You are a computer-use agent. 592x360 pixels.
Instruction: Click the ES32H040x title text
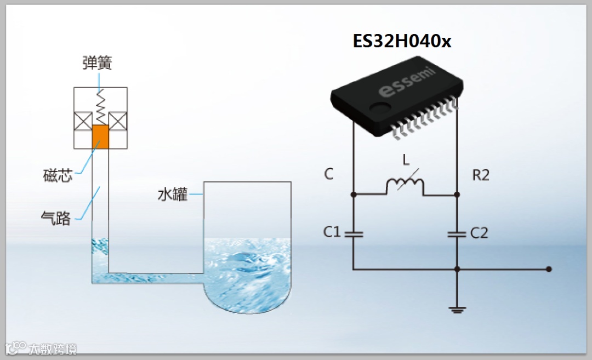click(402, 41)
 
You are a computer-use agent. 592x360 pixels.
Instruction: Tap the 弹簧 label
click(97, 64)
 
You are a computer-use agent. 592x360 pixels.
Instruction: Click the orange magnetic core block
click(101, 137)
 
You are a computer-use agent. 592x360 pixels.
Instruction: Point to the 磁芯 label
click(58, 176)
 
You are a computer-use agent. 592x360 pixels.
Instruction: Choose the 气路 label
click(56, 218)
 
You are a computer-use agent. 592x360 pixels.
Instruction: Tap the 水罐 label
click(173, 195)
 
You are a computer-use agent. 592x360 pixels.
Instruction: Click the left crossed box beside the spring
click(83, 121)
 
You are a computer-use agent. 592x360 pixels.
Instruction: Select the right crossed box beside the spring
click(118, 121)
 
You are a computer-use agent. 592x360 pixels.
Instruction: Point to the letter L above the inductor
click(406, 161)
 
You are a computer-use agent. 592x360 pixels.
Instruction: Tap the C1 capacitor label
click(332, 232)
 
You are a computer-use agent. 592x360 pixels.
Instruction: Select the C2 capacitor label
click(479, 233)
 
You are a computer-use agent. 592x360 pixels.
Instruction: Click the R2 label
click(481, 175)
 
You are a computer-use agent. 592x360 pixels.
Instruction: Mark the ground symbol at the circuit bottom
click(457, 311)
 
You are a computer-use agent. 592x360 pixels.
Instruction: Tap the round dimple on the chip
click(378, 108)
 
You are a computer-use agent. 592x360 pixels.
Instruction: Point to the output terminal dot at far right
click(549, 269)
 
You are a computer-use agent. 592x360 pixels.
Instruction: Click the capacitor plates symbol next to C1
click(352, 233)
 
